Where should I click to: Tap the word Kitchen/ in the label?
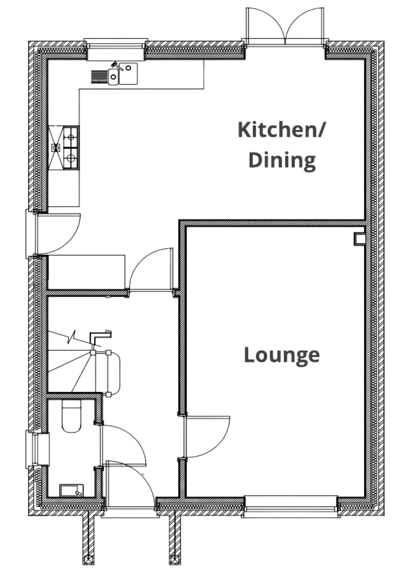pyautogui.click(x=281, y=129)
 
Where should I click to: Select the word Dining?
pyautogui.click(x=282, y=160)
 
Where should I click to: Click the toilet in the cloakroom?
pyautogui.click(x=71, y=416)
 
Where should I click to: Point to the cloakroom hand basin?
pyautogui.click(x=71, y=491)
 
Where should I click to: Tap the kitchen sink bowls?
pyautogui.click(x=123, y=74)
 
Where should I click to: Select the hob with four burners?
pyautogui.click(x=71, y=148)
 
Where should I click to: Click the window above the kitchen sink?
pyautogui.click(x=116, y=49)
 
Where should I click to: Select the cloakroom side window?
pyautogui.click(x=38, y=449)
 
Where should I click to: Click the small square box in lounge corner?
pyautogui.click(x=359, y=239)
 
